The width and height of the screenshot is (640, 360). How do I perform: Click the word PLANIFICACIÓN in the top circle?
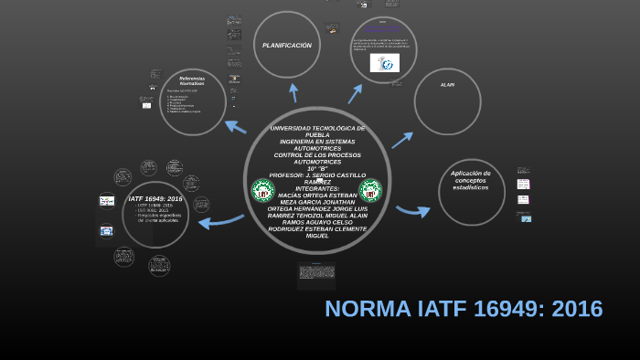(x=287, y=46)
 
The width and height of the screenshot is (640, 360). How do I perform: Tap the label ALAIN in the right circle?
(x=447, y=85)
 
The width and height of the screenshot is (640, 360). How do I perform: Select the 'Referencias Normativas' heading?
(x=192, y=80)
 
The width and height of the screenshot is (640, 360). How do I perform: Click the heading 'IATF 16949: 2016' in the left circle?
(x=155, y=198)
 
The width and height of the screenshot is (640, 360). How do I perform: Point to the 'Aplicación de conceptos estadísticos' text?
(x=471, y=180)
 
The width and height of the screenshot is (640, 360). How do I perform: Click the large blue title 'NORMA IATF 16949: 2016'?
(x=464, y=309)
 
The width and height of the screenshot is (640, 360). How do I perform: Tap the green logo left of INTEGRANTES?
(x=262, y=191)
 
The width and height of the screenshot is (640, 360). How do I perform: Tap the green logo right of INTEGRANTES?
(x=370, y=191)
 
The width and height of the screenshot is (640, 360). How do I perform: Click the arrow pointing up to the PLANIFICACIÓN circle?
(x=293, y=91)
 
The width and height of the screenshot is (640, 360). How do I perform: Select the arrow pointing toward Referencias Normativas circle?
(x=235, y=126)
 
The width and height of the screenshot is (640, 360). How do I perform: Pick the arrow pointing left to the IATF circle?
(x=219, y=220)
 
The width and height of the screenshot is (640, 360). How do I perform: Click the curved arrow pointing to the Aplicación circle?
(x=412, y=211)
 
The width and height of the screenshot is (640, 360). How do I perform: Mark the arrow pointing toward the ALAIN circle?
(x=402, y=138)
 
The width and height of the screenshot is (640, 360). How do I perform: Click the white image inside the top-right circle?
(x=384, y=63)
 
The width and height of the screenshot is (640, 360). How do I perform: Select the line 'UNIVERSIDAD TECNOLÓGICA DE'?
(x=317, y=128)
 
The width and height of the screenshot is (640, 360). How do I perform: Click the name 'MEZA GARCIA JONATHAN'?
(x=317, y=202)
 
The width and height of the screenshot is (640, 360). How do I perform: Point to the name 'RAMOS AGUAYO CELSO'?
(x=317, y=222)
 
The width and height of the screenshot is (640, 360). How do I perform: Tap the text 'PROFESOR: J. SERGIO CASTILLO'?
(x=318, y=175)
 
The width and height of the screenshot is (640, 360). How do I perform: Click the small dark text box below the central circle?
(x=316, y=272)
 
